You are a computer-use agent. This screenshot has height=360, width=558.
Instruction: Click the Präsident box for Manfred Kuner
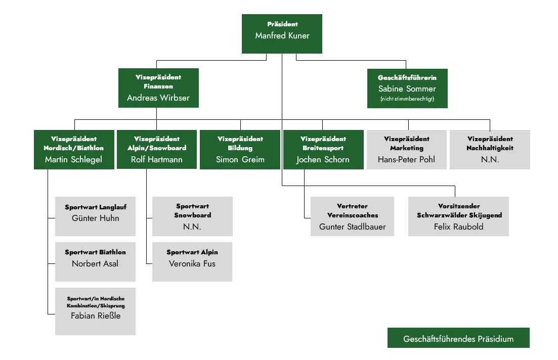tap(282, 34)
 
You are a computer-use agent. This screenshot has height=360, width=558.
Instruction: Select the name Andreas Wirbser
tap(158, 98)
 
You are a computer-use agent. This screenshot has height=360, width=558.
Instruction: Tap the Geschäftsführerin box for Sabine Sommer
tap(407, 88)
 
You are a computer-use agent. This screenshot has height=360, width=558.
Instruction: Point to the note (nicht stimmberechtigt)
tap(407, 99)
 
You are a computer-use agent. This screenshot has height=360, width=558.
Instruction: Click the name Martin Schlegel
tap(74, 159)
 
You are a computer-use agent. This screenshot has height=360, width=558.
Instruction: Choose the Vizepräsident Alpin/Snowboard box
tap(157, 149)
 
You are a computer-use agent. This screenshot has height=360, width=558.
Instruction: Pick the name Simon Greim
tap(240, 159)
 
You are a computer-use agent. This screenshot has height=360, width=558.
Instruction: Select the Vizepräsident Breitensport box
tap(323, 149)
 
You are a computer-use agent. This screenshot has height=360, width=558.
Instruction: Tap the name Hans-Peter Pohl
tap(406, 159)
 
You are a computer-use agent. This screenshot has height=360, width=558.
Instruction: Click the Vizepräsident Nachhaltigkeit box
tap(490, 149)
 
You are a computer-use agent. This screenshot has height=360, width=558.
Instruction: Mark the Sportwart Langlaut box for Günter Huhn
tap(96, 216)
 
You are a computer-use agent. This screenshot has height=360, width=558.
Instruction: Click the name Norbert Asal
tap(95, 263)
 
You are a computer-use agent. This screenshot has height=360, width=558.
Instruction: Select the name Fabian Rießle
tap(96, 316)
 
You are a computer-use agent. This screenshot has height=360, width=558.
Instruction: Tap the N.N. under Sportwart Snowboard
tap(192, 227)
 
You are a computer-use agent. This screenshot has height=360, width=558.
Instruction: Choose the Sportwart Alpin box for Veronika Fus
tap(192, 262)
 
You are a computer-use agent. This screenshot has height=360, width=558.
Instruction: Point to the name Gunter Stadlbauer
tap(352, 227)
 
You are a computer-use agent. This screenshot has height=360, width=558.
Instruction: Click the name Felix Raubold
tap(458, 227)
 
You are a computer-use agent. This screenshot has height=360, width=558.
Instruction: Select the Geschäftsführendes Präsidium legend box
tap(458, 338)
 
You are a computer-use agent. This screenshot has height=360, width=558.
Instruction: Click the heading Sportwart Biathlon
tap(96, 252)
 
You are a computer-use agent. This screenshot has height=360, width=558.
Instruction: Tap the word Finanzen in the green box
tap(158, 86)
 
